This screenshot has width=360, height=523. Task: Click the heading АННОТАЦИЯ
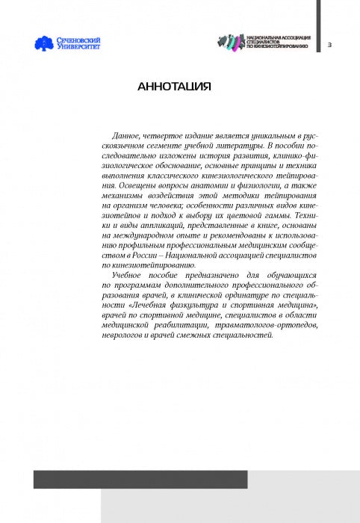click(174, 87)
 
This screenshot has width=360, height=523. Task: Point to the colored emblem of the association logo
click(228, 43)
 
